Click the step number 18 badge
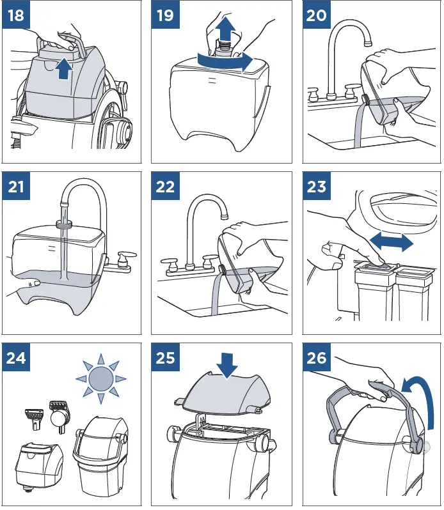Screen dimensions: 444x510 16,15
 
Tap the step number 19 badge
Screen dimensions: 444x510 165,15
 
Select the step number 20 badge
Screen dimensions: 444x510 317,15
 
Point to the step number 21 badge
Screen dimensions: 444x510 16,186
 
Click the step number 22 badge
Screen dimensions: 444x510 165,186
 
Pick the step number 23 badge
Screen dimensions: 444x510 317,186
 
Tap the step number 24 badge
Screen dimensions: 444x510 16,357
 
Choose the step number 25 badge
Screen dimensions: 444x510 165,357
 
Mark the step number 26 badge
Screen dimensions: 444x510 317,357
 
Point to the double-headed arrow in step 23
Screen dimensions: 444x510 392,242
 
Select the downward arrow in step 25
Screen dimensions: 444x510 226,366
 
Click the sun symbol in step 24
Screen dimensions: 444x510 101,378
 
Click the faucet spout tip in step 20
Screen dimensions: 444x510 368,42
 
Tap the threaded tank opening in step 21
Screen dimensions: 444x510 64,223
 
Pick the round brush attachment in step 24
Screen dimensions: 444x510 59,417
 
